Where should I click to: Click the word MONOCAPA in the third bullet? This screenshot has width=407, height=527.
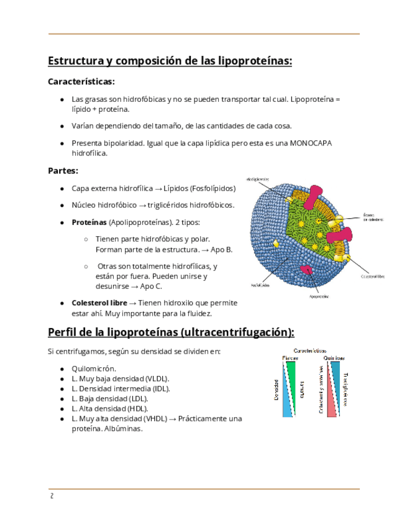pyautogui.click(x=311, y=143)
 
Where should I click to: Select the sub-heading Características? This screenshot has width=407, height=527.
pyautogui.click(x=81, y=81)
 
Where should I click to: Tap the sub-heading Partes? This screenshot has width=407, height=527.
pyautogui.click(x=63, y=170)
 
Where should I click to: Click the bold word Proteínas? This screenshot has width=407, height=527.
pyautogui.click(x=89, y=222)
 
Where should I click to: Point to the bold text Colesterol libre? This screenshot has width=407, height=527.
pyautogui.click(x=99, y=303)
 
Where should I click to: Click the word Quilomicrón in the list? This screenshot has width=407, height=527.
pyautogui.click(x=93, y=368)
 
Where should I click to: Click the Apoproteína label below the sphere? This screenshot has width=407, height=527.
pyautogui.click(x=319, y=296)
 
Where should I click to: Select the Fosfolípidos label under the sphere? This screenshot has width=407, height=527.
pyautogui.click(x=260, y=286)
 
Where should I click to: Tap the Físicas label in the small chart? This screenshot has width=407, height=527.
pyautogui.click(x=289, y=359)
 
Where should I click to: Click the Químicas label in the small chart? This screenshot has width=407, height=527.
pyautogui.click(x=334, y=359)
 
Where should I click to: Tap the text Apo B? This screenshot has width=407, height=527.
pyautogui.click(x=222, y=249)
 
